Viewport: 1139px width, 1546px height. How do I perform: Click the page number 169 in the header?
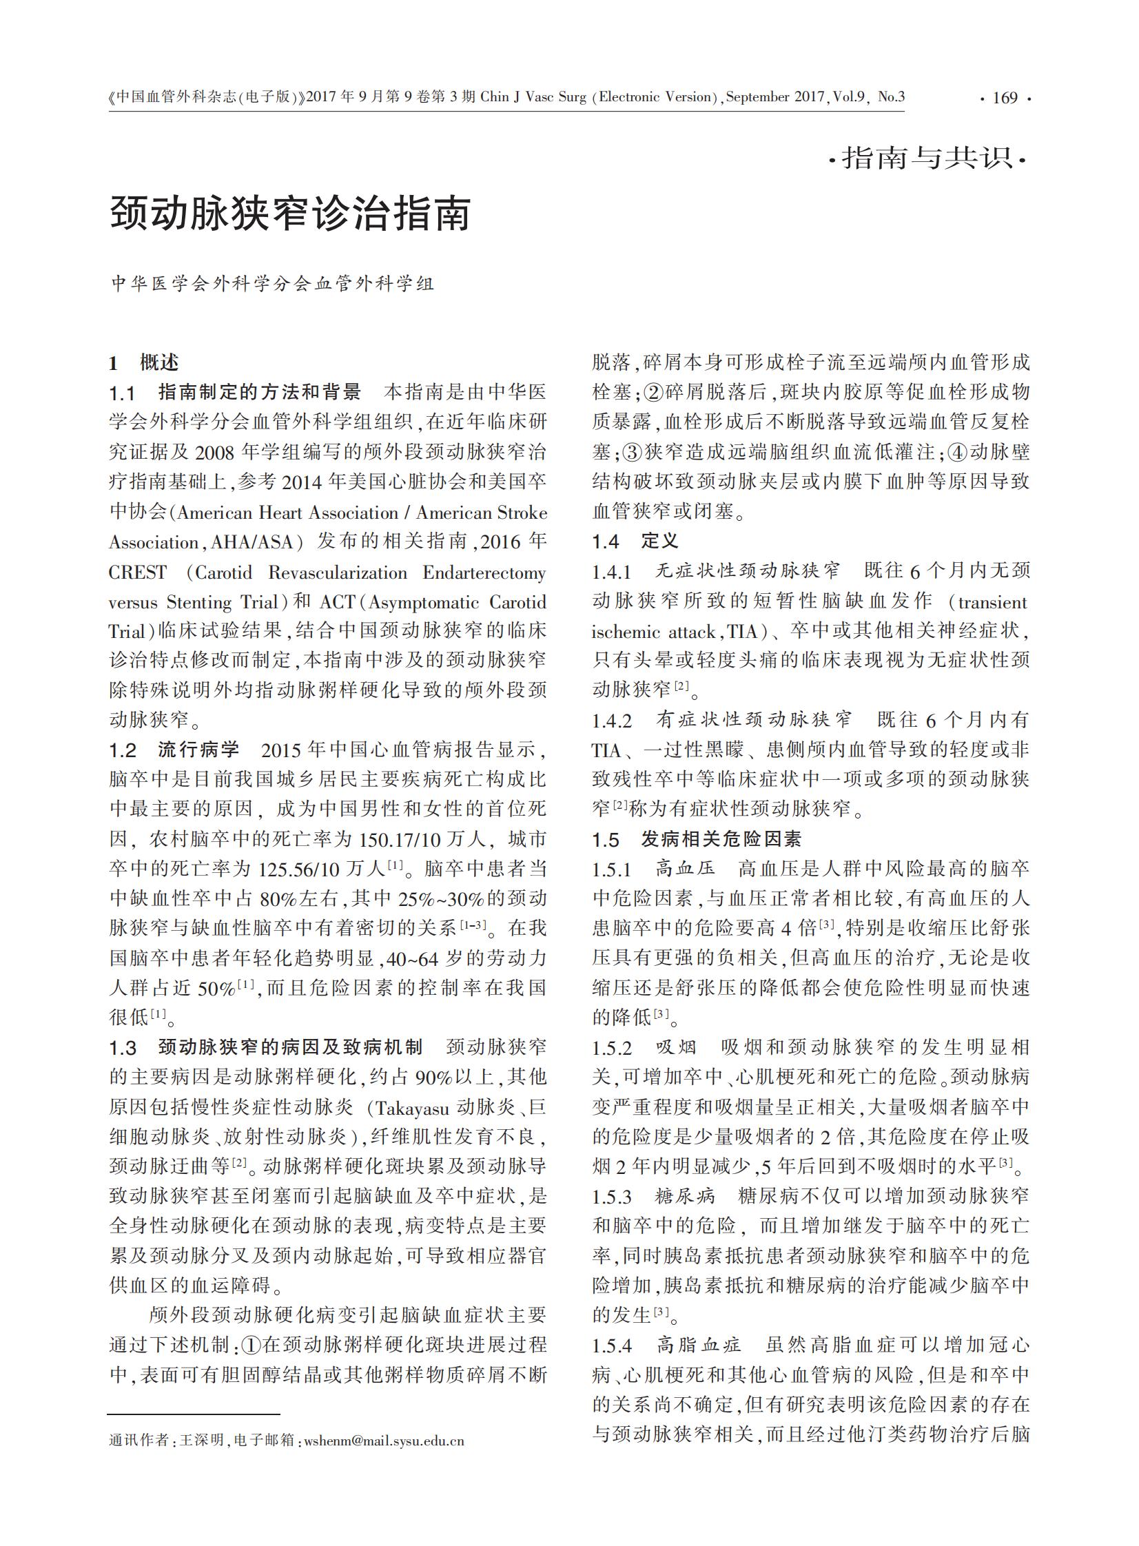1005,98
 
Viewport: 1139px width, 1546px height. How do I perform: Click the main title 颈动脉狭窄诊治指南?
290,213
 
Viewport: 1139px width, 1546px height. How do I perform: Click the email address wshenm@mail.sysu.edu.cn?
384,1441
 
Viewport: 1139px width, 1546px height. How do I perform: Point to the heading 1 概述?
144,362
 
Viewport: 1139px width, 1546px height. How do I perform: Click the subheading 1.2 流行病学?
174,749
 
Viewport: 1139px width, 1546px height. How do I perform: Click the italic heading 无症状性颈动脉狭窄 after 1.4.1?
748,570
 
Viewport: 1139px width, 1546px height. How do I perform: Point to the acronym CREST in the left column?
138,572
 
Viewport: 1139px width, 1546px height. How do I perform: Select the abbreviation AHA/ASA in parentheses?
251,542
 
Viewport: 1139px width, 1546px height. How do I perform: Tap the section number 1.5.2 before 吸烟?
612,1049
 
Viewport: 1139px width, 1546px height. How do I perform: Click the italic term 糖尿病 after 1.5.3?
686,1197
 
